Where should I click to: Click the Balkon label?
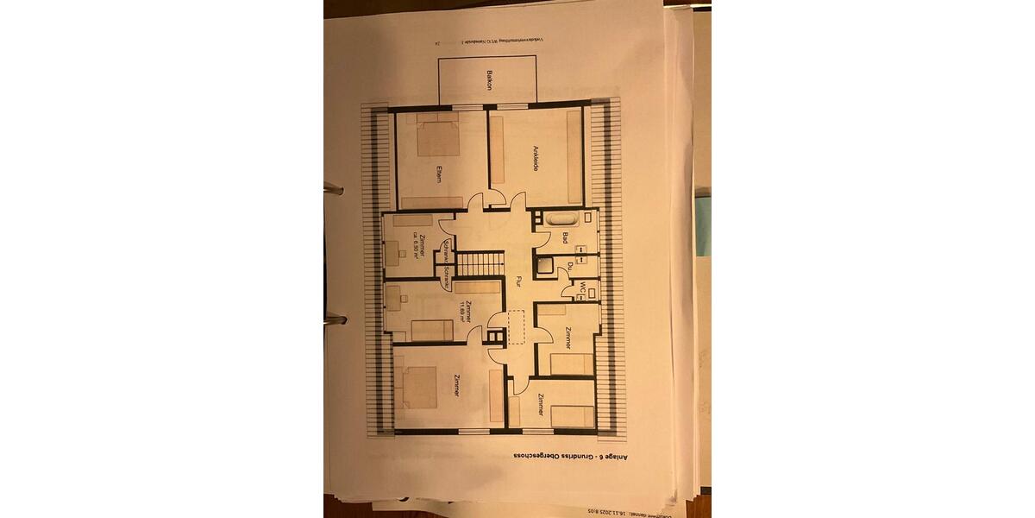pyautogui.click(x=489, y=81)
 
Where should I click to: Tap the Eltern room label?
pyautogui.click(x=439, y=173)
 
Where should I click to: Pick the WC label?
pyautogui.click(x=583, y=287)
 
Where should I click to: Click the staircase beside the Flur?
pyautogui.click(x=478, y=264)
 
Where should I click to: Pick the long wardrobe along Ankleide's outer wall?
pyautogui.click(x=571, y=155)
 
